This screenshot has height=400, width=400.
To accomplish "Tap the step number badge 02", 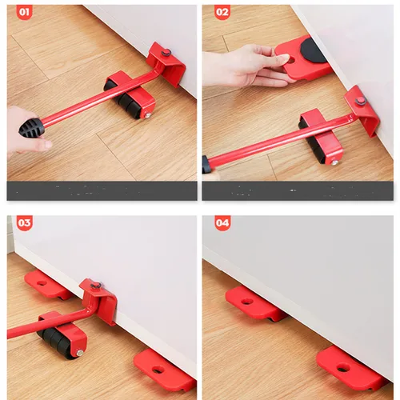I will [222, 14].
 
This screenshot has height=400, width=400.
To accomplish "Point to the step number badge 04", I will [222, 223].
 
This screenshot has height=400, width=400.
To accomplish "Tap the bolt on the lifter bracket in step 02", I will [361, 101].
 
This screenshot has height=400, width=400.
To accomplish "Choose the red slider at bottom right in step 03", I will [163, 370].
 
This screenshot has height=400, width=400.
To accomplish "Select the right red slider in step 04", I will [349, 368].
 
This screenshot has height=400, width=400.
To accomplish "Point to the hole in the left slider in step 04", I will [247, 302].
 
